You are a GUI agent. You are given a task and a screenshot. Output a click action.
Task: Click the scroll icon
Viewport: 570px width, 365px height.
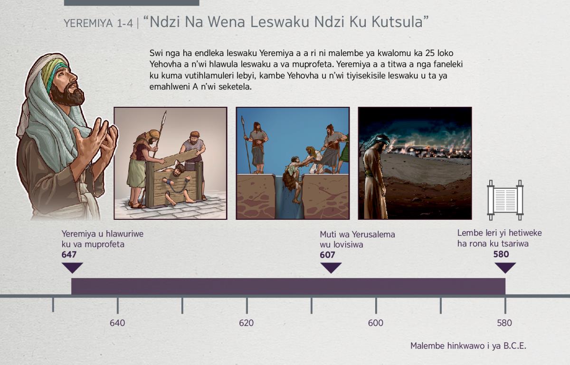click(505, 200)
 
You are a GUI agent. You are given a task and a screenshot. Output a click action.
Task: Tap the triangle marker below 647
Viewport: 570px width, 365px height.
click(72, 268)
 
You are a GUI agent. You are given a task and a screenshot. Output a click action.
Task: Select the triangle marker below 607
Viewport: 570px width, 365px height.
click(331, 268)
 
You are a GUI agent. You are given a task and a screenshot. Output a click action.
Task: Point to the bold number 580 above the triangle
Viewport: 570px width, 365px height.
click(501, 254)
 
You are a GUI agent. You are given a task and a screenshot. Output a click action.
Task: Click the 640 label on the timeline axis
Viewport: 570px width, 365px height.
click(117, 323)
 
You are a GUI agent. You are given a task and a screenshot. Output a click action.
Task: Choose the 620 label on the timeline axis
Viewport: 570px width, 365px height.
click(247, 323)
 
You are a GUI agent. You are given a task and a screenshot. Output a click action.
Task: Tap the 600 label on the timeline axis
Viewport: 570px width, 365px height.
click(376, 323)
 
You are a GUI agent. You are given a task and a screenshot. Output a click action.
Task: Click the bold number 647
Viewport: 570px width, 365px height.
click(69, 254)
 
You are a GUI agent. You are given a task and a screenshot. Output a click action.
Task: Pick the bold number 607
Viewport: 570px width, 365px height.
click(327, 254)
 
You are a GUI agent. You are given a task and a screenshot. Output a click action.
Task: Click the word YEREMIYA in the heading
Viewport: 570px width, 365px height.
click(88, 23)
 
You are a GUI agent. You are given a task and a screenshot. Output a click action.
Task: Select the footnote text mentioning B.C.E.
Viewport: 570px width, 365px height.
click(468, 346)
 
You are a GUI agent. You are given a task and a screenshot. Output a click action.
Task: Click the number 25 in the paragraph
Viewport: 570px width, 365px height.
click(429, 53)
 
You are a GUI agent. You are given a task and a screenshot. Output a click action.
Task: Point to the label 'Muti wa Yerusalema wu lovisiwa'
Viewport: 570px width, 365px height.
click(357, 239)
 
